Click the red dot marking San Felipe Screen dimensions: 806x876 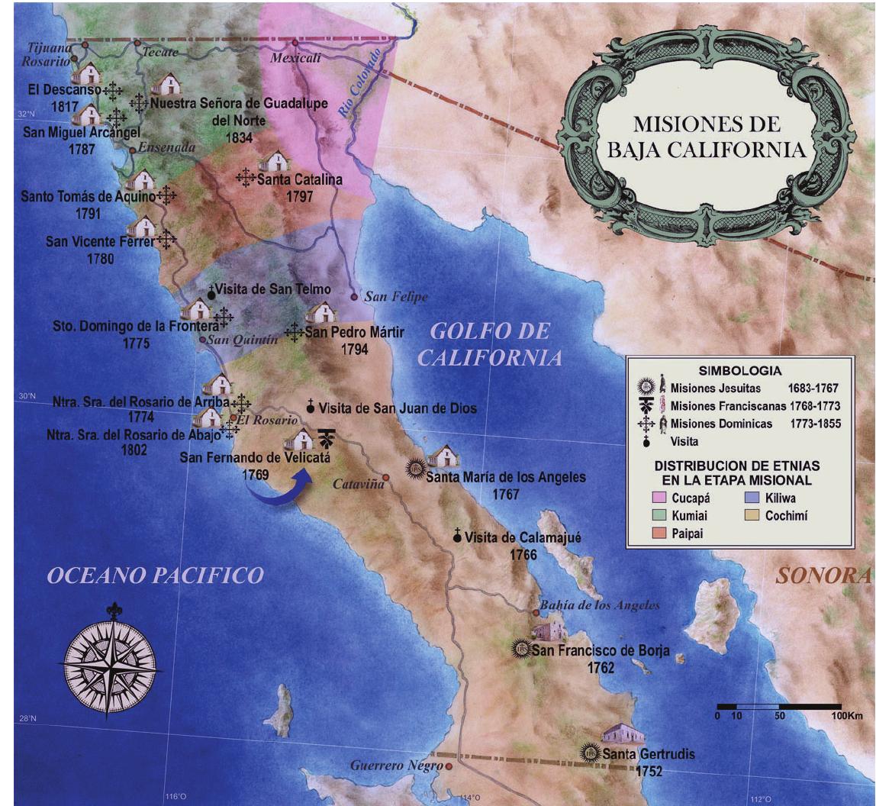point(354,296)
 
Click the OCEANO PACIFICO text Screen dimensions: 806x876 point(156,575)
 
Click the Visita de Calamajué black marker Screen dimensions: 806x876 point(457,537)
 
